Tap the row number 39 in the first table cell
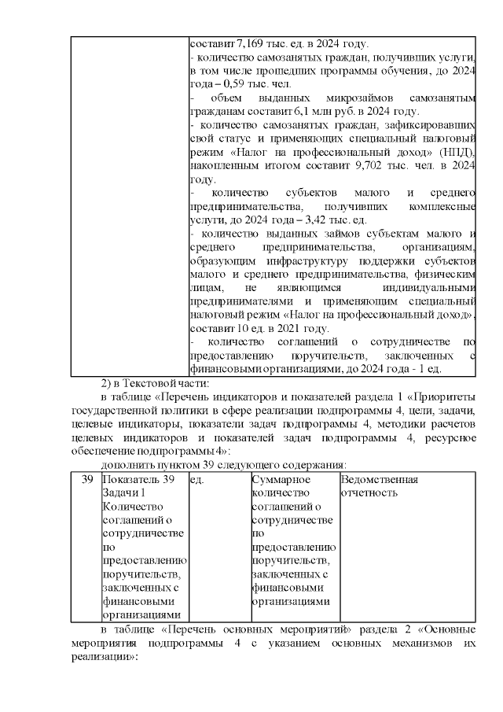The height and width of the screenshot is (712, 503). point(87,480)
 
